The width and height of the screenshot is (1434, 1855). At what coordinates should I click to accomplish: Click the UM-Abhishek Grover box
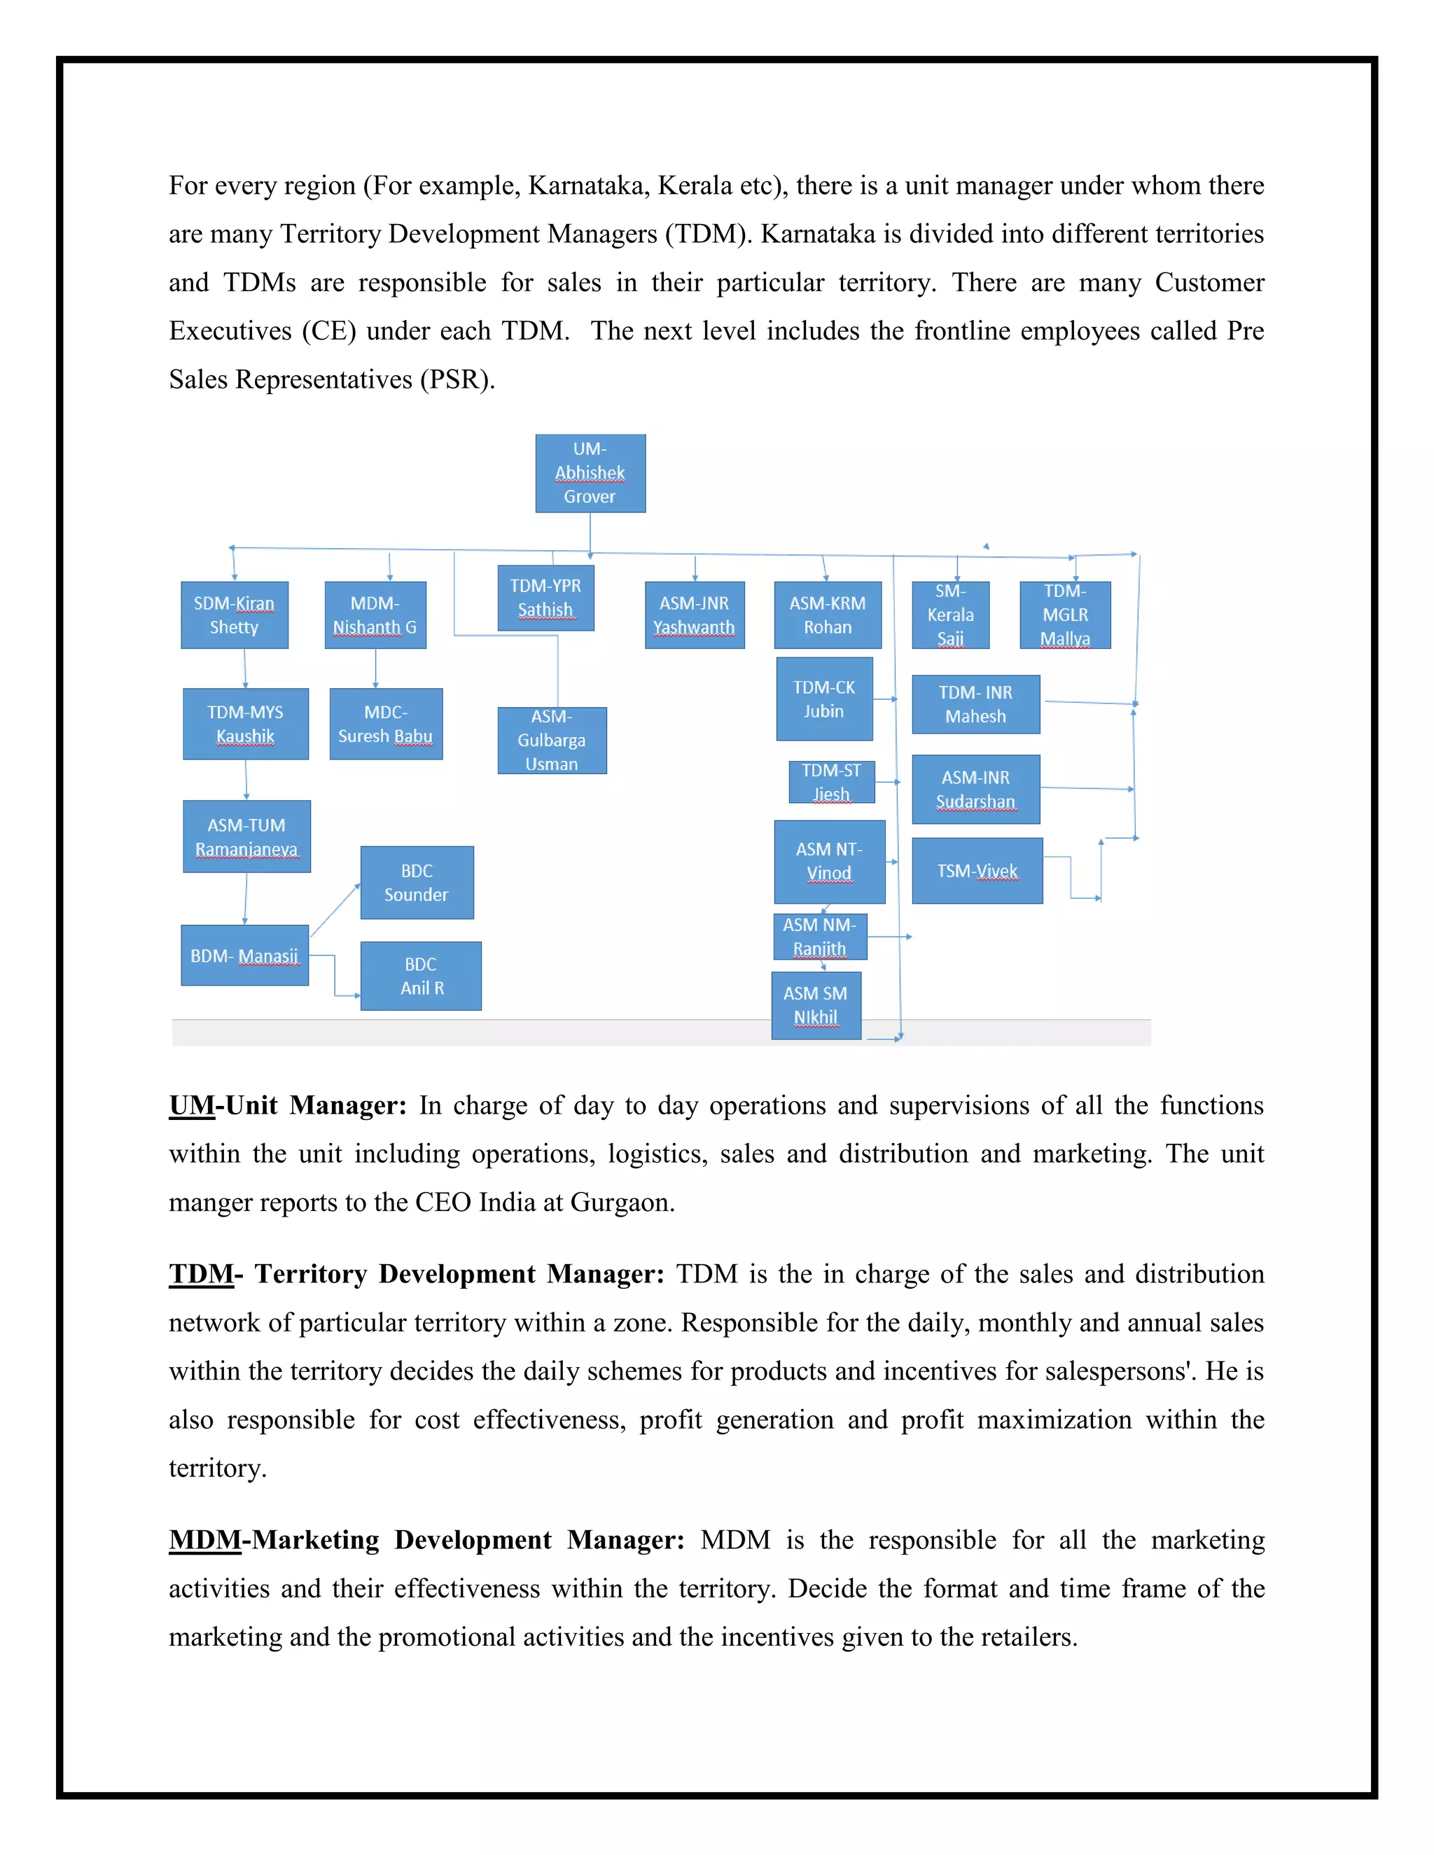[x=590, y=473]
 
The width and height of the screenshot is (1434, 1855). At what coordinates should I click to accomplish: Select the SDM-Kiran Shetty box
[x=235, y=615]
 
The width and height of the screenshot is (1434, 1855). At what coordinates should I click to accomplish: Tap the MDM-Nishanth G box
[x=375, y=615]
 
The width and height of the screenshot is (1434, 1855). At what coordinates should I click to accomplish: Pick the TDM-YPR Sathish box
[x=545, y=598]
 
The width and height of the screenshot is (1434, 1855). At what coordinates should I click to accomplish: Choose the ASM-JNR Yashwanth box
[x=694, y=615]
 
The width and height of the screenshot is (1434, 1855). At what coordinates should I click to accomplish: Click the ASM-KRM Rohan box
[x=828, y=615]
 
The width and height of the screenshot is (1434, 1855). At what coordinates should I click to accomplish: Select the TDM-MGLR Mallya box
[x=1064, y=615]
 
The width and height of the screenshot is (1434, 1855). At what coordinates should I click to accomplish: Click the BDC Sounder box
[x=417, y=883]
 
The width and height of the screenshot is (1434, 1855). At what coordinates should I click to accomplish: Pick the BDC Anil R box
[x=421, y=976]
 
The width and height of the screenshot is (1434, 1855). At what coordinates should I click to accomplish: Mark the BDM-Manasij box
[x=244, y=955]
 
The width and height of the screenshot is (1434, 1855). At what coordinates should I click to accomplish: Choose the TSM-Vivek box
[x=977, y=871]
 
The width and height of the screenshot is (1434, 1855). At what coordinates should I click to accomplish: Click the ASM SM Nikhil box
[x=816, y=1006]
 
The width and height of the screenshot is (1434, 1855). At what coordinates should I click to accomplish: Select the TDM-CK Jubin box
[x=824, y=699]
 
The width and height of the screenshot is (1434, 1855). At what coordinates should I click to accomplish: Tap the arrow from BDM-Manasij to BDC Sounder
[x=335, y=910]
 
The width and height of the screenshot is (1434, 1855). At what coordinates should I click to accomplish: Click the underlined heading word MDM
[x=204, y=1540]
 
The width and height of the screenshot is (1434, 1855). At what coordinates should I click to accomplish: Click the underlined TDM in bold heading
[x=200, y=1274]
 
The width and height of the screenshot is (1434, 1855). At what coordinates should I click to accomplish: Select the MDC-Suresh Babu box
[x=386, y=724]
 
